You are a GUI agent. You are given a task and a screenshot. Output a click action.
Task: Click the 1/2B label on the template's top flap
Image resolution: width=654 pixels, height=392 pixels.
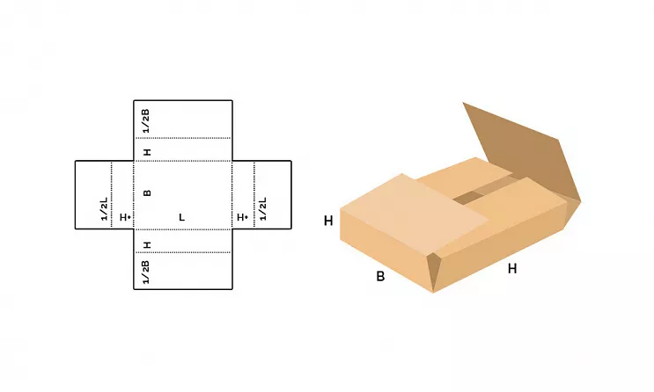145,120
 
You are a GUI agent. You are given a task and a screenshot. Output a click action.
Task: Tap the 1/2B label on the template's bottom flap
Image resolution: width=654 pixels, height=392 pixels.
145,272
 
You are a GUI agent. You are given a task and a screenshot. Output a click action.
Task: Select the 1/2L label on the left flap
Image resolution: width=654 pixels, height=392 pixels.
104,208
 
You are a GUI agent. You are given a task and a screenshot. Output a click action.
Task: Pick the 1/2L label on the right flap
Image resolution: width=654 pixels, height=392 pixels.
263,208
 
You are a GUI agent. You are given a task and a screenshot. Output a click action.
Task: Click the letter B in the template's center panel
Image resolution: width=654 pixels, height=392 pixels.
147,192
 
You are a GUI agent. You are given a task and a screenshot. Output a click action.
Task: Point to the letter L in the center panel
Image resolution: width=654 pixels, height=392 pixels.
182,217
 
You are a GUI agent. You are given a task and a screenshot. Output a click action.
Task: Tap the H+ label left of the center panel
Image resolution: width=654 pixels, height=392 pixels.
125,217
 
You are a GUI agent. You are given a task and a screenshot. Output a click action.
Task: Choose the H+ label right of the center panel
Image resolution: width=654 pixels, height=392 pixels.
242,217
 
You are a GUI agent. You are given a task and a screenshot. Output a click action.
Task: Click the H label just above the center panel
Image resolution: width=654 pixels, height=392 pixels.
147,152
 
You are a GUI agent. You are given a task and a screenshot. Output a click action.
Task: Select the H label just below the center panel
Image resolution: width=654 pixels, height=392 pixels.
147,245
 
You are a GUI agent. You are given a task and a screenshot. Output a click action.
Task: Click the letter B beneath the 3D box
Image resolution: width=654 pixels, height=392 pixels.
380,276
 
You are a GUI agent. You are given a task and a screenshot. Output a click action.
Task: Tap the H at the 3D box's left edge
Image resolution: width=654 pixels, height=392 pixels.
328,221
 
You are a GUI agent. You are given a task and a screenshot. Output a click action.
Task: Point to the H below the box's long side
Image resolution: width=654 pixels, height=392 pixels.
512,269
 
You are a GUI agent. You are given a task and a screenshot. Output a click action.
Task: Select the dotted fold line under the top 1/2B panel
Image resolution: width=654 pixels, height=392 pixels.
183,138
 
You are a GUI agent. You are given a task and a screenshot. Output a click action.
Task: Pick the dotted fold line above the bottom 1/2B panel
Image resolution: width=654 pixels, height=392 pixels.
183,252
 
